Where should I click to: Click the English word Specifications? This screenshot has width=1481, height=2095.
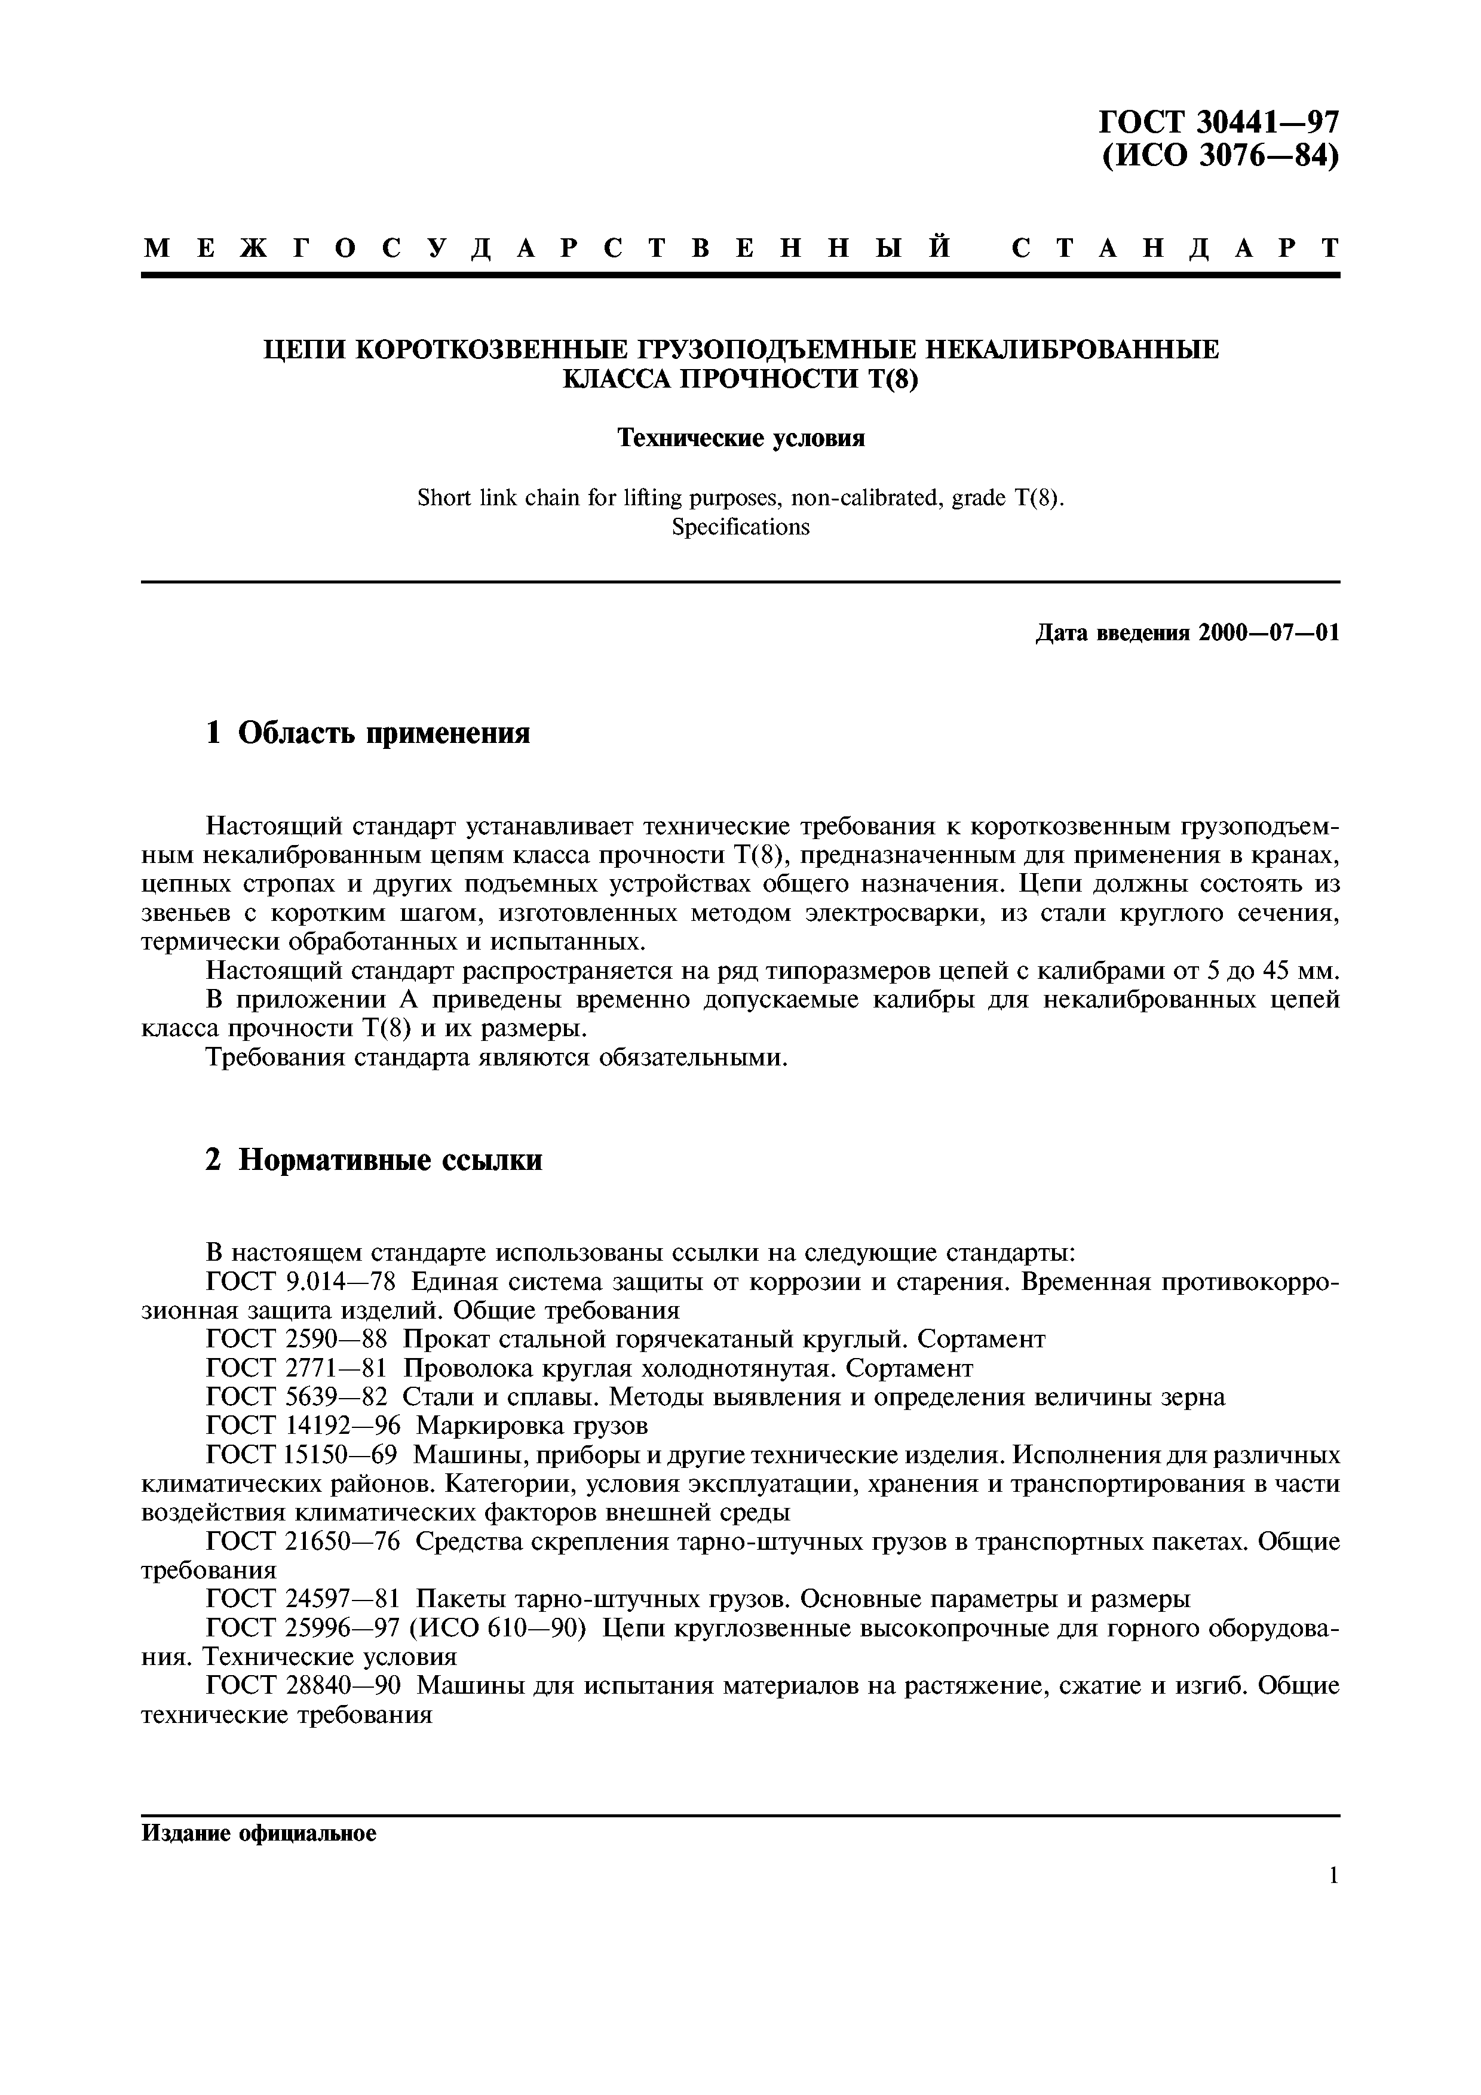(740, 527)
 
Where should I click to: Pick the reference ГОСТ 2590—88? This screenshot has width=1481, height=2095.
(296, 1340)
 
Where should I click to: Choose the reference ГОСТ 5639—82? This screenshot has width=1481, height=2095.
(296, 1397)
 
